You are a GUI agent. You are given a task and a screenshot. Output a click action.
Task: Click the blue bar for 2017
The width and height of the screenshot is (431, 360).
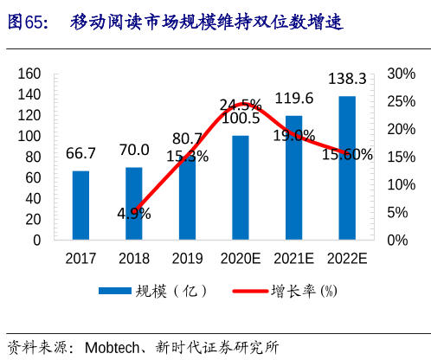click(x=80, y=205)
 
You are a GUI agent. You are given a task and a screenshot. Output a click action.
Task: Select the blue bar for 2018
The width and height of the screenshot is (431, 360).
click(x=134, y=203)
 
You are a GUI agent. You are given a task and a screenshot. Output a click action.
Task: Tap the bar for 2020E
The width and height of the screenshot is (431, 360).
click(x=241, y=187)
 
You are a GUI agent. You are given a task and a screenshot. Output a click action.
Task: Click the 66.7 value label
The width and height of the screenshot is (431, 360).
click(x=80, y=153)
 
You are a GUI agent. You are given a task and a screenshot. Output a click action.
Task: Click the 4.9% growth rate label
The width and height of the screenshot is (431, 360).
click(x=134, y=213)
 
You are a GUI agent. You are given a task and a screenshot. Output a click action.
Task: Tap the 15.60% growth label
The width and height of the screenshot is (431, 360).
click(x=347, y=155)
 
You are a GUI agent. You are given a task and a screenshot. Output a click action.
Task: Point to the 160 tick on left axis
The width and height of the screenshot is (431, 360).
click(x=29, y=74)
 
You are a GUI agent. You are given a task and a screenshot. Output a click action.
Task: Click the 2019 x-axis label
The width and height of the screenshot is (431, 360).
click(x=187, y=258)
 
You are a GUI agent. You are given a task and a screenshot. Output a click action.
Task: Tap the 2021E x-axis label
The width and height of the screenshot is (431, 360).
click(x=293, y=258)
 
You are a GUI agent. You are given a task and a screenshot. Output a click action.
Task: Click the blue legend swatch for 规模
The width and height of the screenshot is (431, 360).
click(x=113, y=291)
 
